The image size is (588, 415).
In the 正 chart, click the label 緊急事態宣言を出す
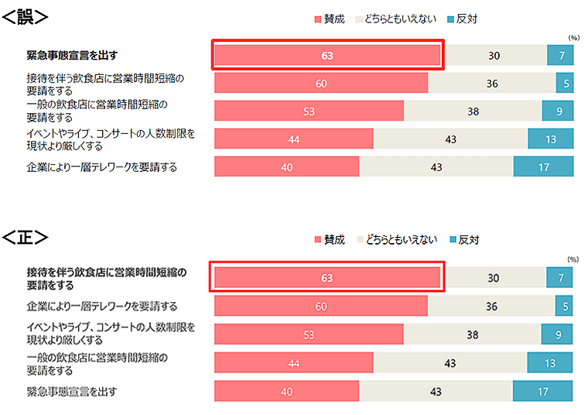tap(71, 391)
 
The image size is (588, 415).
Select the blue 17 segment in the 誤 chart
tap(543, 166)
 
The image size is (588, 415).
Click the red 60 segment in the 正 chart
tap(320, 306)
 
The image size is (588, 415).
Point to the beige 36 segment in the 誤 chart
tap(491, 83)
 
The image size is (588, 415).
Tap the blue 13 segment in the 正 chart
tap(550, 362)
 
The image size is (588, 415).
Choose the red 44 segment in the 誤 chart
tap(294, 139)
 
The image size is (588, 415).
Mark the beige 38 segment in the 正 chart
tap(473, 334)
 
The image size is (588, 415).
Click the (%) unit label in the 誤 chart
tap(573, 36)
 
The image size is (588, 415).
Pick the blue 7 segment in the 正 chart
tap(560, 278)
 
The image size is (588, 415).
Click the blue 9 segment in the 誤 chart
tap(558, 111)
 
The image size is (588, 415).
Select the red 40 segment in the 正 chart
tap(286, 391)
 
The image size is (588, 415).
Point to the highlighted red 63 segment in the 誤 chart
tap(327, 55)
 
